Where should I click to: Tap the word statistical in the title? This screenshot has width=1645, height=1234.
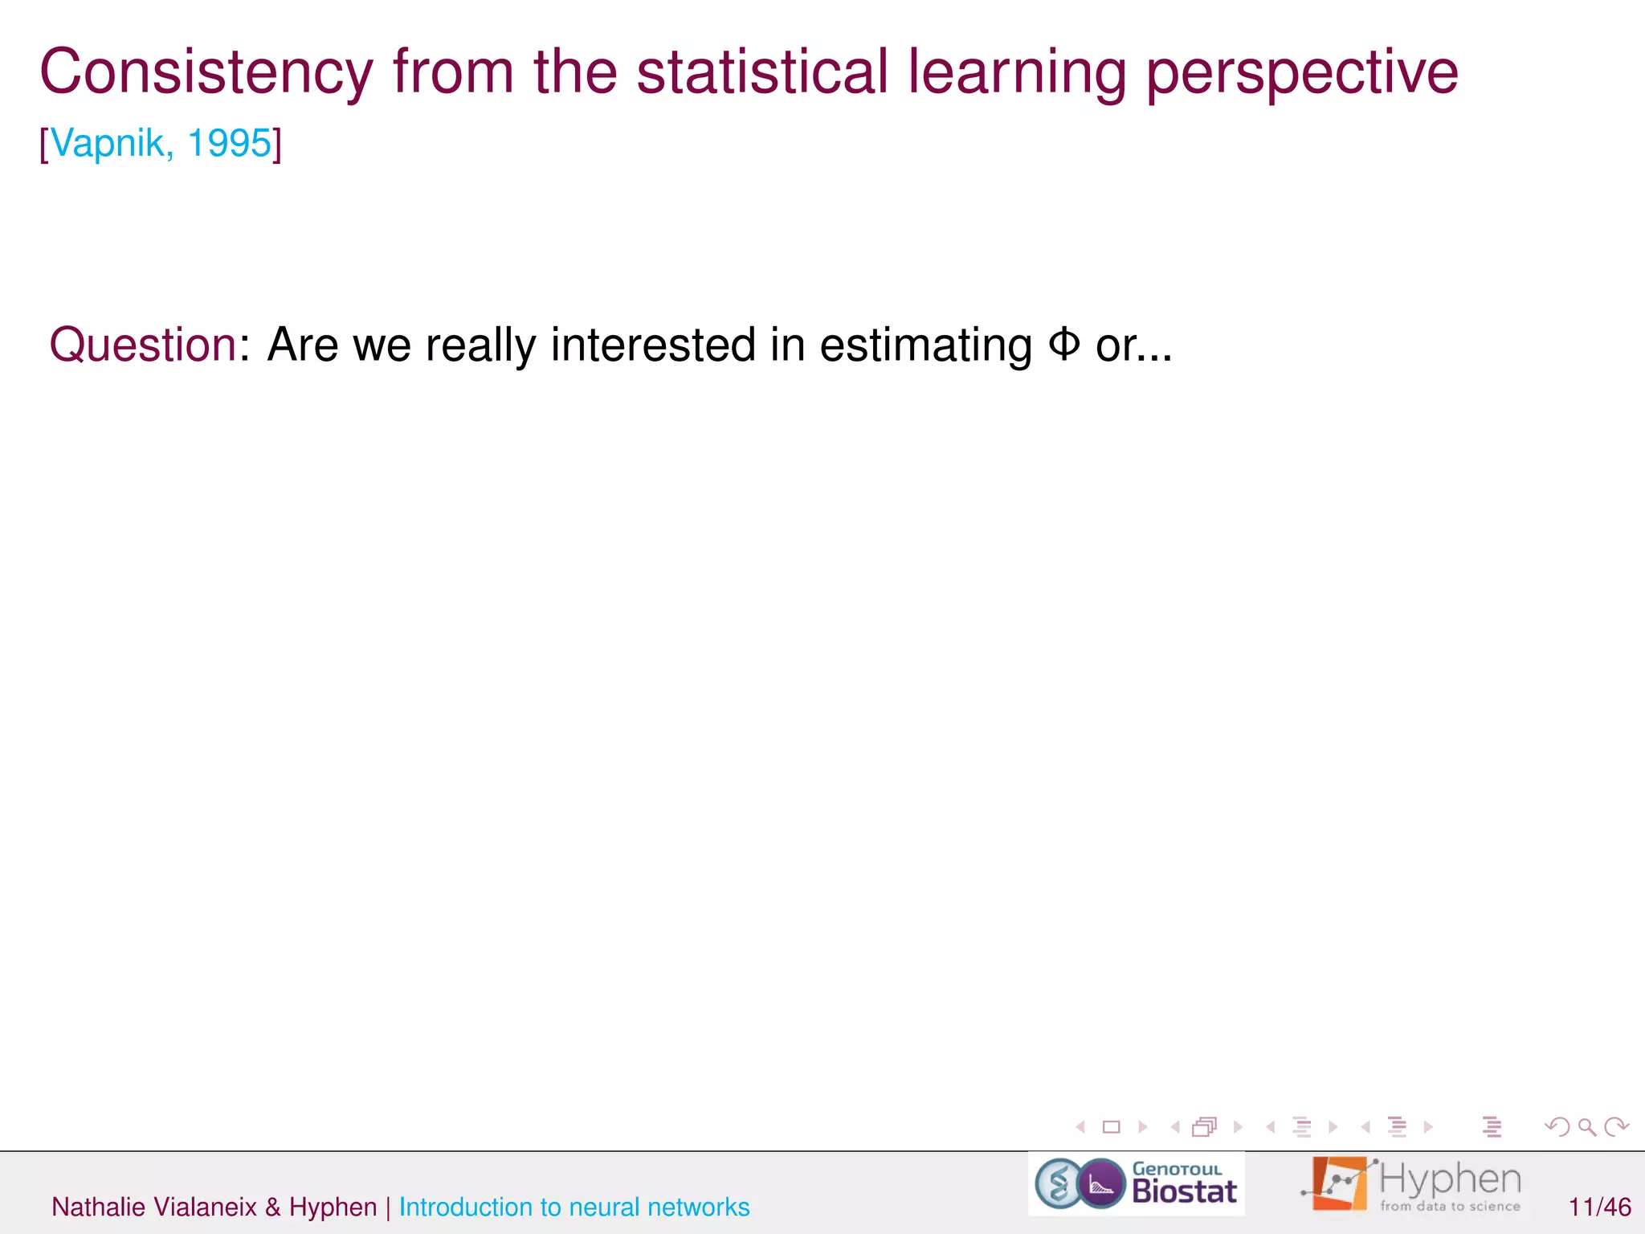[x=762, y=72]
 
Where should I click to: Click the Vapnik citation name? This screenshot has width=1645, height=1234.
[x=108, y=144]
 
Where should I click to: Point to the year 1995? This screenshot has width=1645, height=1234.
[x=230, y=144]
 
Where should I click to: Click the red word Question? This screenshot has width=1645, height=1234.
[x=143, y=345]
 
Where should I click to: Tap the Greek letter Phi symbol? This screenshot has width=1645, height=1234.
[x=1063, y=345]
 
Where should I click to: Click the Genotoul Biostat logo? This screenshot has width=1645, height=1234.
[x=1136, y=1184]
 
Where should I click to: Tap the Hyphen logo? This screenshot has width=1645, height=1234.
[x=1411, y=1184]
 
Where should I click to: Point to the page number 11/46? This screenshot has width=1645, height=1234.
[x=1599, y=1207]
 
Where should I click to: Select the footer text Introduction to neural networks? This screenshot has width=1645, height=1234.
[x=574, y=1207]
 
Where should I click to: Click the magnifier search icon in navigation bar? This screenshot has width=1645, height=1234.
[x=1586, y=1127]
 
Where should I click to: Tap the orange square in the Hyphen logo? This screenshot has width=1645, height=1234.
[x=1339, y=1183]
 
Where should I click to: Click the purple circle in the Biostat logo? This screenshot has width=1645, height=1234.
[x=1100, y=1184]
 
